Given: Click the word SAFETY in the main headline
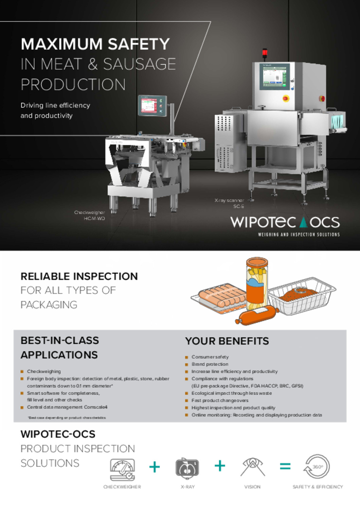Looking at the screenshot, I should click(139, 44).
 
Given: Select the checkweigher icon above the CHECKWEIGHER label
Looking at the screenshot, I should click(122, 469).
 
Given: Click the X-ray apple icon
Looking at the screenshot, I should click(187, 468).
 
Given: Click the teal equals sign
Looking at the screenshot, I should click(285, 466).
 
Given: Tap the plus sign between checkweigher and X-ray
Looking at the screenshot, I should click(155, 467).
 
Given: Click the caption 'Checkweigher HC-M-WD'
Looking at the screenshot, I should click(90, 215).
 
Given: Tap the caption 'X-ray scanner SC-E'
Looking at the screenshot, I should click(230, 203).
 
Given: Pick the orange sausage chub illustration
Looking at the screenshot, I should click(257, 315).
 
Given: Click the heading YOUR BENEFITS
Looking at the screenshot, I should click(227, 341).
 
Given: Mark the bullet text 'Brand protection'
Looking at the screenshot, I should click(210, 364).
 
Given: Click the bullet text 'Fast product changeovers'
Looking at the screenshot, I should click(220, 400).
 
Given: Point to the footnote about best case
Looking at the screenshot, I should click(67, 418).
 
